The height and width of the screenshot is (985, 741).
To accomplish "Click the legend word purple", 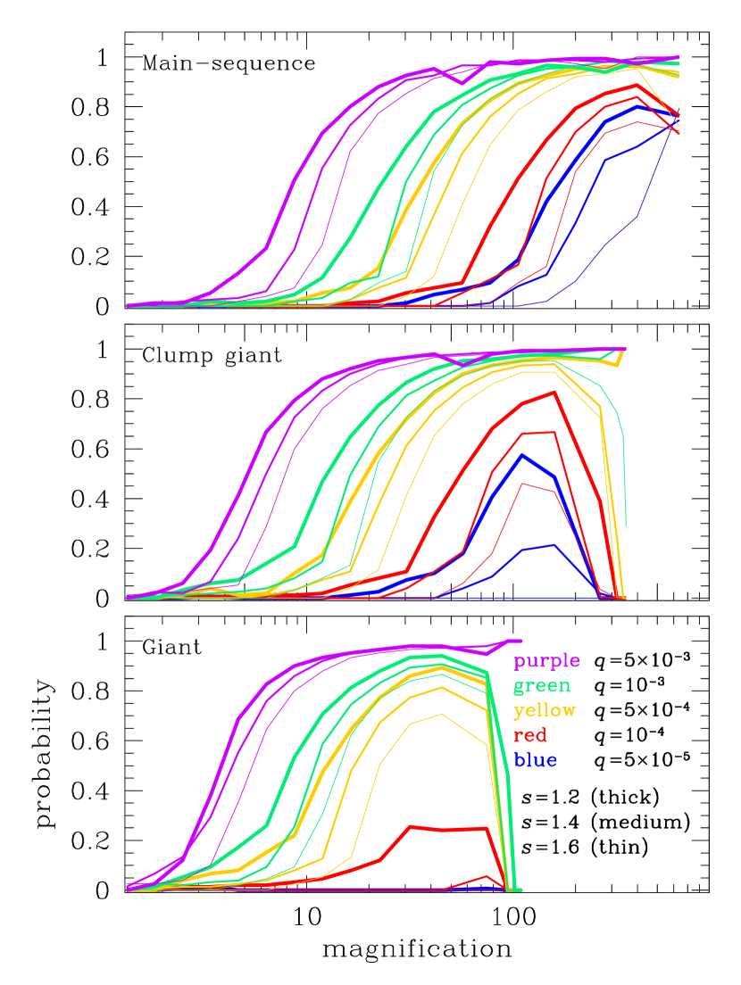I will pos(546,661).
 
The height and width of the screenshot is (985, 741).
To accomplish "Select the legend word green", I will pos(541,686).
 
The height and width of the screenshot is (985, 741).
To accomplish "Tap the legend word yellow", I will pos(545,711).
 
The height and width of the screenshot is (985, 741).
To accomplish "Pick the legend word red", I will pos(530,736).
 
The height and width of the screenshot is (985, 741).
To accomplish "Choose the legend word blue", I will pos(536,761).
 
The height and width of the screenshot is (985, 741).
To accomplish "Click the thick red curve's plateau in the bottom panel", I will pos(446,829).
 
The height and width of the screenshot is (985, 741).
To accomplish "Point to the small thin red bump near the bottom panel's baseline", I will pos(487,877).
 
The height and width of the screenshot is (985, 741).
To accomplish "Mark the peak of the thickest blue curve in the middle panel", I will pos(522,455).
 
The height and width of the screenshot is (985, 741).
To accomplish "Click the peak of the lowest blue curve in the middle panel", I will pos(554,545).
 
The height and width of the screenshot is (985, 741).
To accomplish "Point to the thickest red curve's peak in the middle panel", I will pos(554,392).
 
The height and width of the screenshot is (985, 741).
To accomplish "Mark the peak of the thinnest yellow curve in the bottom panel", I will pos(441,715).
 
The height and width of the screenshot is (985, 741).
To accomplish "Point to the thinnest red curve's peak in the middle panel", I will pos(522,484).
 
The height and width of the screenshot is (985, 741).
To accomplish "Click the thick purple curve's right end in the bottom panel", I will pos(519,641).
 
